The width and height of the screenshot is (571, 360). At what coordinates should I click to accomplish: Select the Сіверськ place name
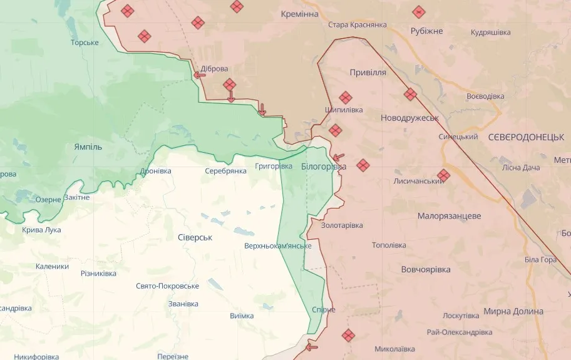195,237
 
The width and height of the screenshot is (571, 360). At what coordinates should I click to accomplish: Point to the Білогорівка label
323,167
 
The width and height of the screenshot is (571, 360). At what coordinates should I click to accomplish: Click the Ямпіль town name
88,147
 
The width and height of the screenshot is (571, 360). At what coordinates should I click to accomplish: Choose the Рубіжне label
426,31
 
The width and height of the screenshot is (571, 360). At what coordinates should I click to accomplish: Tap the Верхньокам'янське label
278,245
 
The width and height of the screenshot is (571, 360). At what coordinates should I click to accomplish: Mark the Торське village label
85,43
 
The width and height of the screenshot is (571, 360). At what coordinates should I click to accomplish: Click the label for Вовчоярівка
426,269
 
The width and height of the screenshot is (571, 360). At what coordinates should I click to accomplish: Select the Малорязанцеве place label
449,215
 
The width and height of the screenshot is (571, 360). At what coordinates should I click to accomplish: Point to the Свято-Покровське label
167,285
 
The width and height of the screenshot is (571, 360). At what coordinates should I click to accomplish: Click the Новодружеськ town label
409,118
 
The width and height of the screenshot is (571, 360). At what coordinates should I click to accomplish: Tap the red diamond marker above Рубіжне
419,11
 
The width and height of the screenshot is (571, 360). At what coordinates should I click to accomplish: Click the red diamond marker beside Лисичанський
443,175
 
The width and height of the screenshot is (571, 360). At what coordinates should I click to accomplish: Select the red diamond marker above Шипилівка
345,97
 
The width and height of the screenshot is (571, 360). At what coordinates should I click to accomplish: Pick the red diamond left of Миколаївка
348,336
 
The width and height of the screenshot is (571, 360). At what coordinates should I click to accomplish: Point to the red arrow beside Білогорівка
339,157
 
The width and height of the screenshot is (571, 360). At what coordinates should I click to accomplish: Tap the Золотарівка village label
342,225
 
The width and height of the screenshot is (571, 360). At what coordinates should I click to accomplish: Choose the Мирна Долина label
513,311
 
